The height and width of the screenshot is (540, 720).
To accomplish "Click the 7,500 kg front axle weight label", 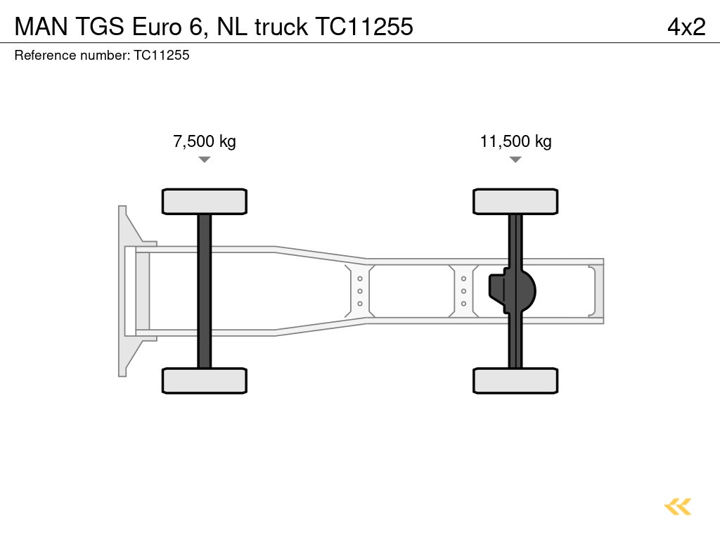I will (204, 141).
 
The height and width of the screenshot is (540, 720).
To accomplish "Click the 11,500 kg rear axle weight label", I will (515, 141).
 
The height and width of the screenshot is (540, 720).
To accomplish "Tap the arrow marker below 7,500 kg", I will (204, 160).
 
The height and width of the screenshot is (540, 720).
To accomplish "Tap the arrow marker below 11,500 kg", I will (515, 160).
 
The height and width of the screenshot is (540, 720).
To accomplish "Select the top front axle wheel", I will (204, 202).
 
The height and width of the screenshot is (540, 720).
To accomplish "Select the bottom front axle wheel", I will (204, 380).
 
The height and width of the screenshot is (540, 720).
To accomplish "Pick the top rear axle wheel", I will (515, 202).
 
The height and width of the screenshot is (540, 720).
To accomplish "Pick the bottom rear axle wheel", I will (515, 380).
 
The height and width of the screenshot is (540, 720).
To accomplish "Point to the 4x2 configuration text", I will (686, 27).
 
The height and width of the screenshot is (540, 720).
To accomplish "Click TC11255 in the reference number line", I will (161, 55).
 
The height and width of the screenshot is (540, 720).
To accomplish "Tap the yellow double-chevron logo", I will (677, 506).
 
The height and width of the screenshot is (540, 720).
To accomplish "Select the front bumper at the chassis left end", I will (127, 291).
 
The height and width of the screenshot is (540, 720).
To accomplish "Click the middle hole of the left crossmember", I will (360, 291).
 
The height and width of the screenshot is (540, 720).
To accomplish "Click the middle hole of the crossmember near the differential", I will (464, 291).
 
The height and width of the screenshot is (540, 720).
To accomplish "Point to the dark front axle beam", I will (204, 291).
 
